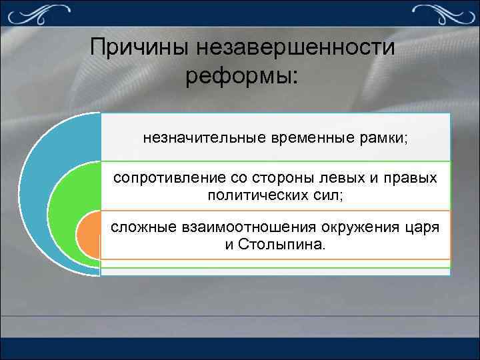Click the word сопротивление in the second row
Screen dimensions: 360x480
pos(160,179)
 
